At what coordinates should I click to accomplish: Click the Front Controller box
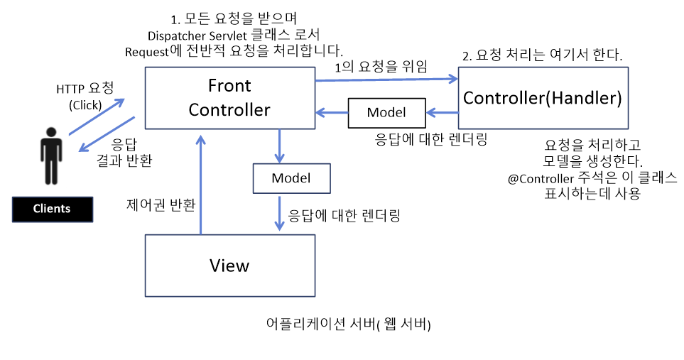pyautogui.click(x=229, y=98)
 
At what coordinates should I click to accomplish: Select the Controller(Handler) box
pyautogui.click(x=543, y=98)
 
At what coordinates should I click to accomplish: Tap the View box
pyautogui.click(x=229, y=266)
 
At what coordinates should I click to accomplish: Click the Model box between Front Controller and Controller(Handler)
pyautogui.click(x=386, y=112)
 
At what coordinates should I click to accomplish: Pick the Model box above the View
pyautogui.click(x=291, y=178)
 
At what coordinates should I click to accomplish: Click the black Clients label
pyautogui.click(x=52, y=209)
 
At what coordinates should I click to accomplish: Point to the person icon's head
pyautogui.click(x=50, y=133)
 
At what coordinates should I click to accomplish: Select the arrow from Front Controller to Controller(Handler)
pyautogui.click(x=386, y=80)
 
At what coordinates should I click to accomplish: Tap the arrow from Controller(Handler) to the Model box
pyautogui.click(x=442, y=112)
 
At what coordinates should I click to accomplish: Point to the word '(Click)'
pyautogui.click(x=85, y=105)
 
